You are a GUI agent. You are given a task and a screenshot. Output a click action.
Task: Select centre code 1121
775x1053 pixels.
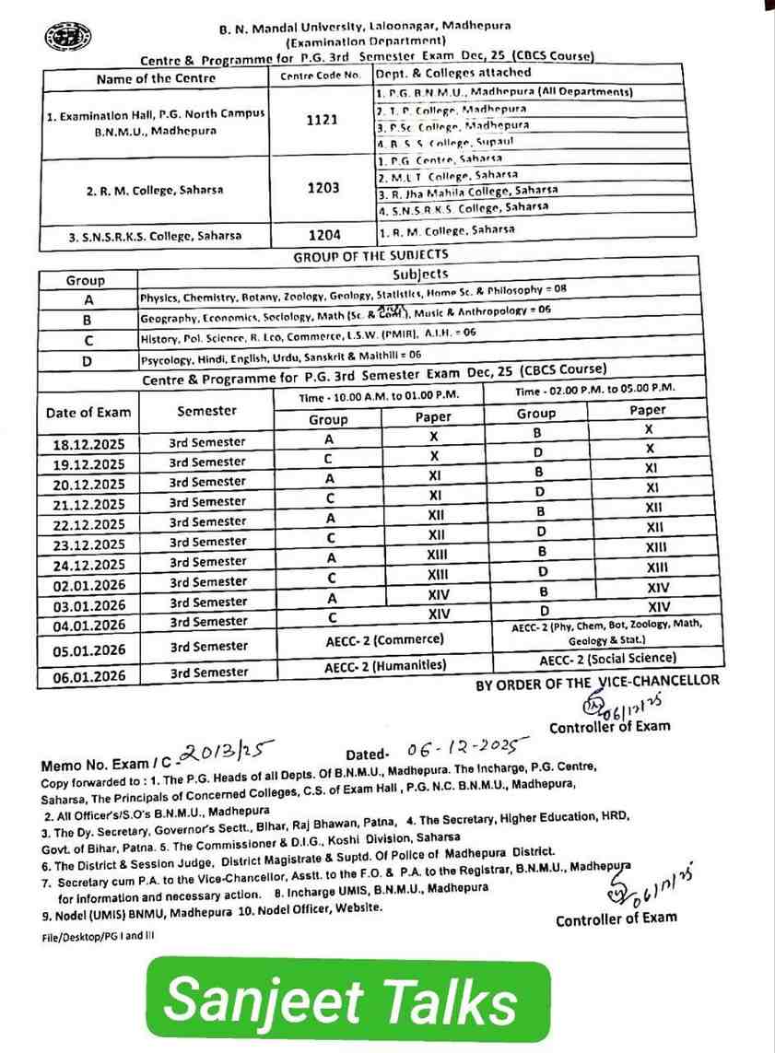coord(323,121)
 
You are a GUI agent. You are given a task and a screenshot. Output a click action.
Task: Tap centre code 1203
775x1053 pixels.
coord(323,188)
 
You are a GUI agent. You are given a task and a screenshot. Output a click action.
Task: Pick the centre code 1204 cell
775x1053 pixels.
coord(323,235)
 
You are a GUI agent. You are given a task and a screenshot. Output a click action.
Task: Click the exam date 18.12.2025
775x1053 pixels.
coord(88,444)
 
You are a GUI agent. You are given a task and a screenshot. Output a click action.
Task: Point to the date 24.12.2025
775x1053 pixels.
coord(88,565)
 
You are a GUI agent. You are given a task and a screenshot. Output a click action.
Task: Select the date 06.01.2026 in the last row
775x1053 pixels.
coord(88,675)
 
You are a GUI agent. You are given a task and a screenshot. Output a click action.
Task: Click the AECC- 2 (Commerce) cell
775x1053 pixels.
coord(385,639)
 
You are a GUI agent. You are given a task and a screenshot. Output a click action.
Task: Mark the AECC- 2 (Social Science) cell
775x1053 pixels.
coord(607,659)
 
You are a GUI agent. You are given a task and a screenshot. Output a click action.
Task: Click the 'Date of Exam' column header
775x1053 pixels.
coord(88,413)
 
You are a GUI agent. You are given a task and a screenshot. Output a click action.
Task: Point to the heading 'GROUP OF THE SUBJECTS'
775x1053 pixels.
coord(370,255)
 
